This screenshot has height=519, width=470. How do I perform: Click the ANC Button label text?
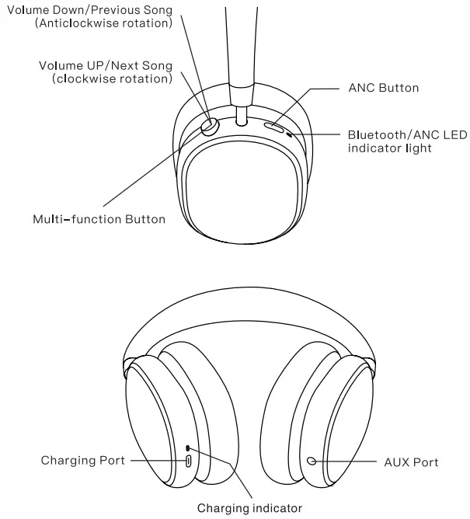383,88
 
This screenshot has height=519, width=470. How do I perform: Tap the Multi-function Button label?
99,219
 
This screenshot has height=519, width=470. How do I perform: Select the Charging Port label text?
83,461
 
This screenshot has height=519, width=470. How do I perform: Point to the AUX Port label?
411,462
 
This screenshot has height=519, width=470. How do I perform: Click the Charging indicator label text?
249,509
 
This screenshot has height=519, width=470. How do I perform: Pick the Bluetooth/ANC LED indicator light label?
407,141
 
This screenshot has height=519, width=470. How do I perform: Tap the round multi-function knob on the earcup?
210,127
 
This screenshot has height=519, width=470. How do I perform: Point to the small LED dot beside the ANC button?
291,134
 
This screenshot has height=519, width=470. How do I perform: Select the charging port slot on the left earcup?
188,461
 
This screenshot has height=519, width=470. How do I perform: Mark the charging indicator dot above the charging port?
187,448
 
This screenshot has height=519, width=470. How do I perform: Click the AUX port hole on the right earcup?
312,460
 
